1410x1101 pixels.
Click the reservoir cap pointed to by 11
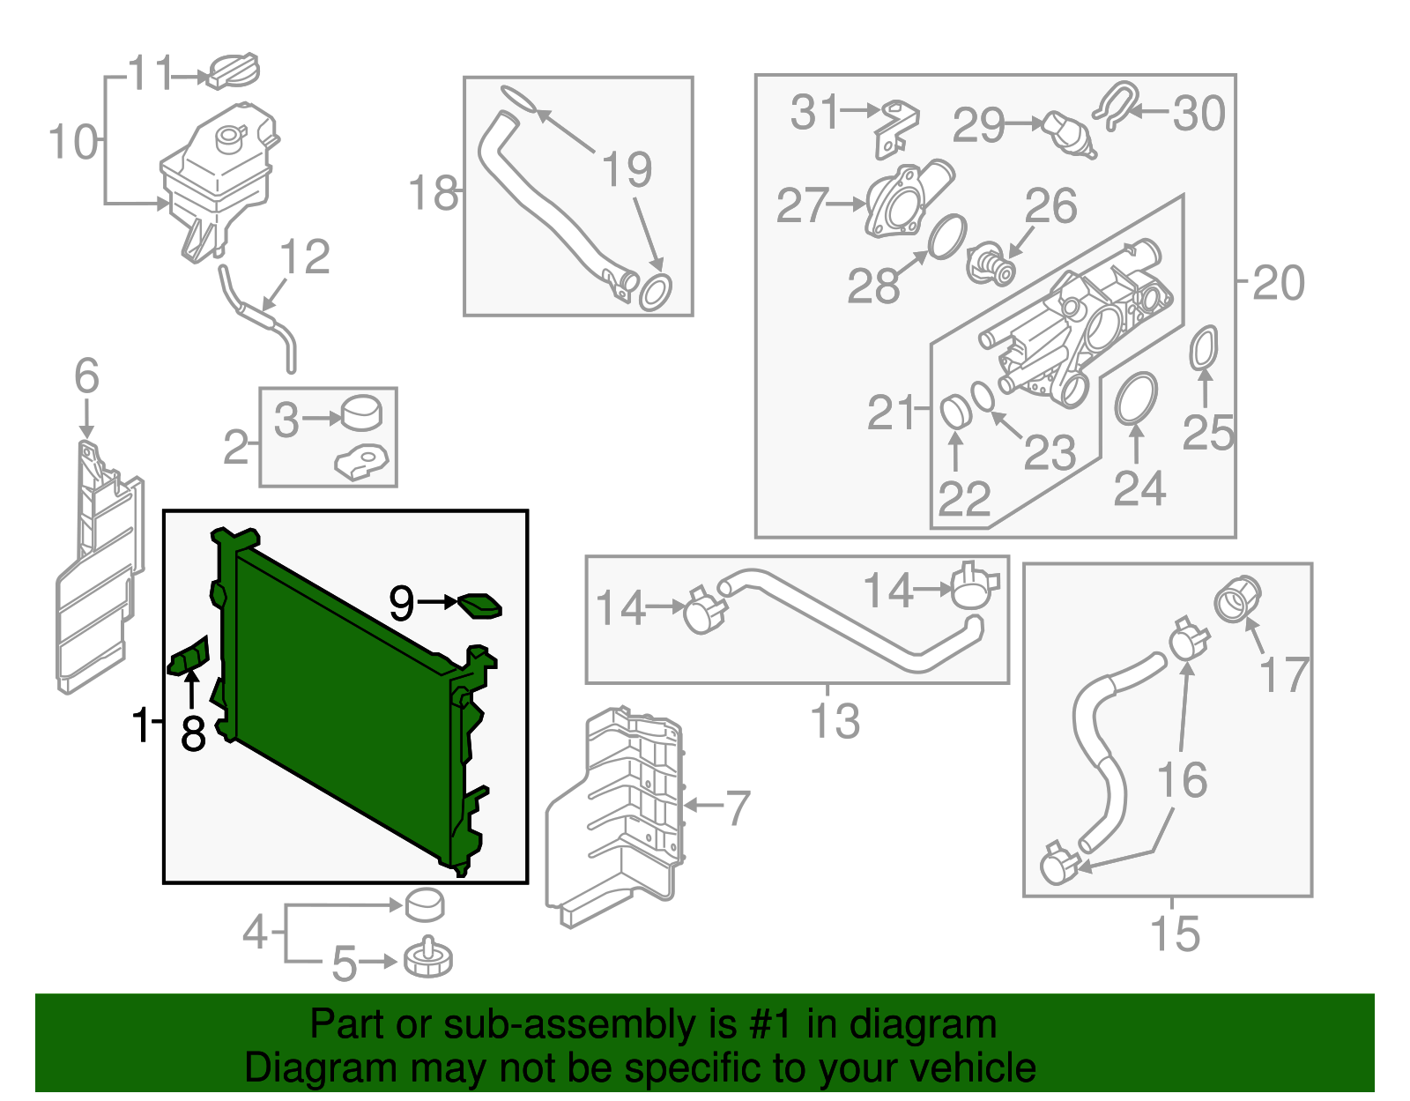(x=234, y=71)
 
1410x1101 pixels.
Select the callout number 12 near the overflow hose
(x=304, y=257)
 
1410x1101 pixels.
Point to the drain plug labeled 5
(x=428, y=959)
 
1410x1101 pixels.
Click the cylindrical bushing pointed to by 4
(x=424, y=904)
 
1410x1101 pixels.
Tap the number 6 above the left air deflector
(x=86, y=376)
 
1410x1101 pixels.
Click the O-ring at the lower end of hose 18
(x=655, y=292)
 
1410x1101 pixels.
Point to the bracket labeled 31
(x=895, y=128)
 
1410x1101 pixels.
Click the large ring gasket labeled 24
(x=1136, y=398)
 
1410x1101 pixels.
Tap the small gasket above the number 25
(x=1204, y=348)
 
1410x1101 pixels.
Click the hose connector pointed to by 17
(x=1237, y=599)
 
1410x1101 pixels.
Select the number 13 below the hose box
(x=835, y=721)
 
